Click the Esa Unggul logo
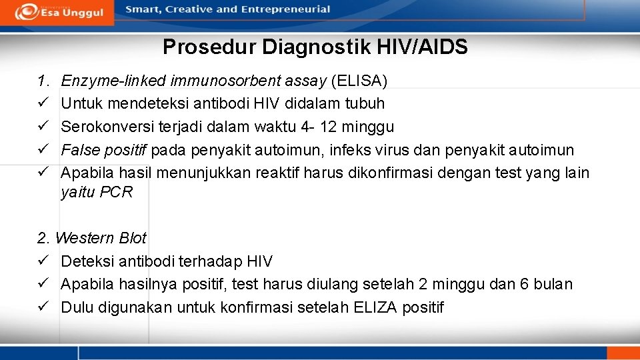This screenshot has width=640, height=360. (x=59, y=12)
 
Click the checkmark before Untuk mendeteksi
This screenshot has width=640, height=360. (x=43, y=104)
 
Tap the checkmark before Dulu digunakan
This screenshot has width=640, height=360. (x=43, y=307)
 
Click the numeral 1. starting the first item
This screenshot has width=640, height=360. (x=43, y=81)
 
